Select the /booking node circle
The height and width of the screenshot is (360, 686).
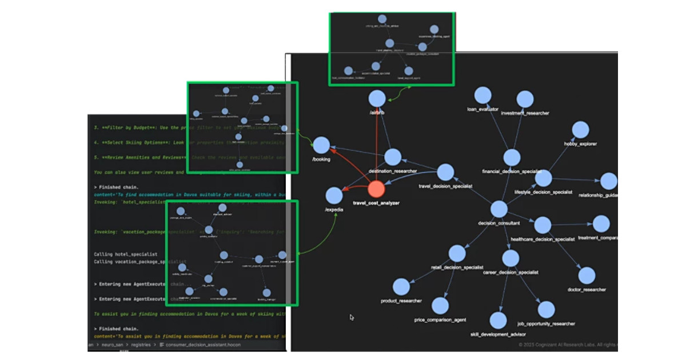[322, 146]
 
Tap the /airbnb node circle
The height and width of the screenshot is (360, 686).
[377, 98]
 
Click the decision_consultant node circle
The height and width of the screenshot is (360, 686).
[499, 209]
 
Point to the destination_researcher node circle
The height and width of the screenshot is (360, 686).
[393, 157]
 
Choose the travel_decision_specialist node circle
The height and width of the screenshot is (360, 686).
[445, 173]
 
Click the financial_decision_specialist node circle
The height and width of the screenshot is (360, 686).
[512, 158]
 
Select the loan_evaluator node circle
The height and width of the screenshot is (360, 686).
[483, 95]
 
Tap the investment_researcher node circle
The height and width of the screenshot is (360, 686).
[525, 99]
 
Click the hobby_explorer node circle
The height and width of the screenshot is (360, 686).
[580, 130]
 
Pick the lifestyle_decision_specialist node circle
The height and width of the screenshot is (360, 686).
[543, 178]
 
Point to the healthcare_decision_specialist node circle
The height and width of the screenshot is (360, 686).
[543, 225]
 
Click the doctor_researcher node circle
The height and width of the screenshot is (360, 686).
[587, 275]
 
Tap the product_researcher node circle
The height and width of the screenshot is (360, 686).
[401, 287]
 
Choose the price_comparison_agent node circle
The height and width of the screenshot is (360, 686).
[440, 306]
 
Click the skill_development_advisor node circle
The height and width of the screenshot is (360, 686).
[498, 321]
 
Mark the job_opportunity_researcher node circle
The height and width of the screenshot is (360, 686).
[547, 310]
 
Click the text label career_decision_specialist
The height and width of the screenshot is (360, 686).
[510, 273]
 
